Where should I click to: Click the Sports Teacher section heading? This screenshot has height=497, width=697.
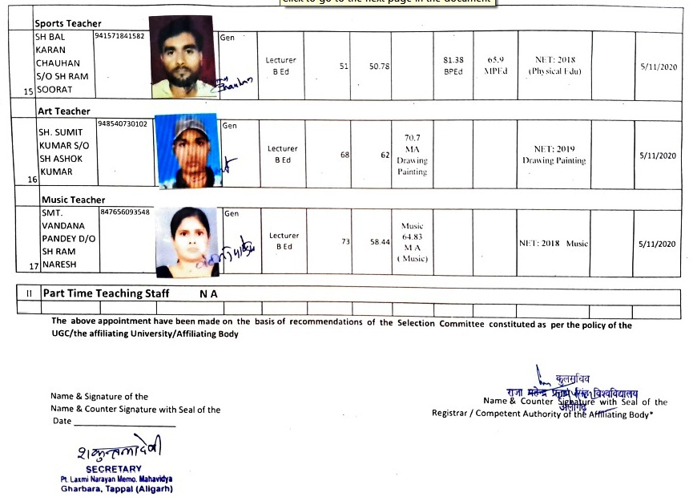tap(67, 24)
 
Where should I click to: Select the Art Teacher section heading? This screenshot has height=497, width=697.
tap(64, 111)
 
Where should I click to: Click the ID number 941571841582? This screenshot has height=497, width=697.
tap(119, 37)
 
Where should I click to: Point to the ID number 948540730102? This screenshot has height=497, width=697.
tap(123, 123)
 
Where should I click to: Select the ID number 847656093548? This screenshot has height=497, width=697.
tap(125, 212)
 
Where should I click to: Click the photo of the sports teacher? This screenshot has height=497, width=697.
tap(183, 57)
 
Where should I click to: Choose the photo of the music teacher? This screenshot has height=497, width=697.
tap(186, 238)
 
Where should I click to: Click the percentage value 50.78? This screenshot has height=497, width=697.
tap(379, 67)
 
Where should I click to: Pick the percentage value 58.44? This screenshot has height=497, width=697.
tap(379, 240)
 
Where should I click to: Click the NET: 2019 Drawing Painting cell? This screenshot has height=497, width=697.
tap(554, 155)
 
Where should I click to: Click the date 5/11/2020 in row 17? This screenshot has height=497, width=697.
tap(658, 244)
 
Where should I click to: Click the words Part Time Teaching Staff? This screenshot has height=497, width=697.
tap(106, 293)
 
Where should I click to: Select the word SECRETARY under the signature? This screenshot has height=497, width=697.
tap(113, 469)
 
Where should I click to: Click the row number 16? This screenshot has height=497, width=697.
tap(32, 180)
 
